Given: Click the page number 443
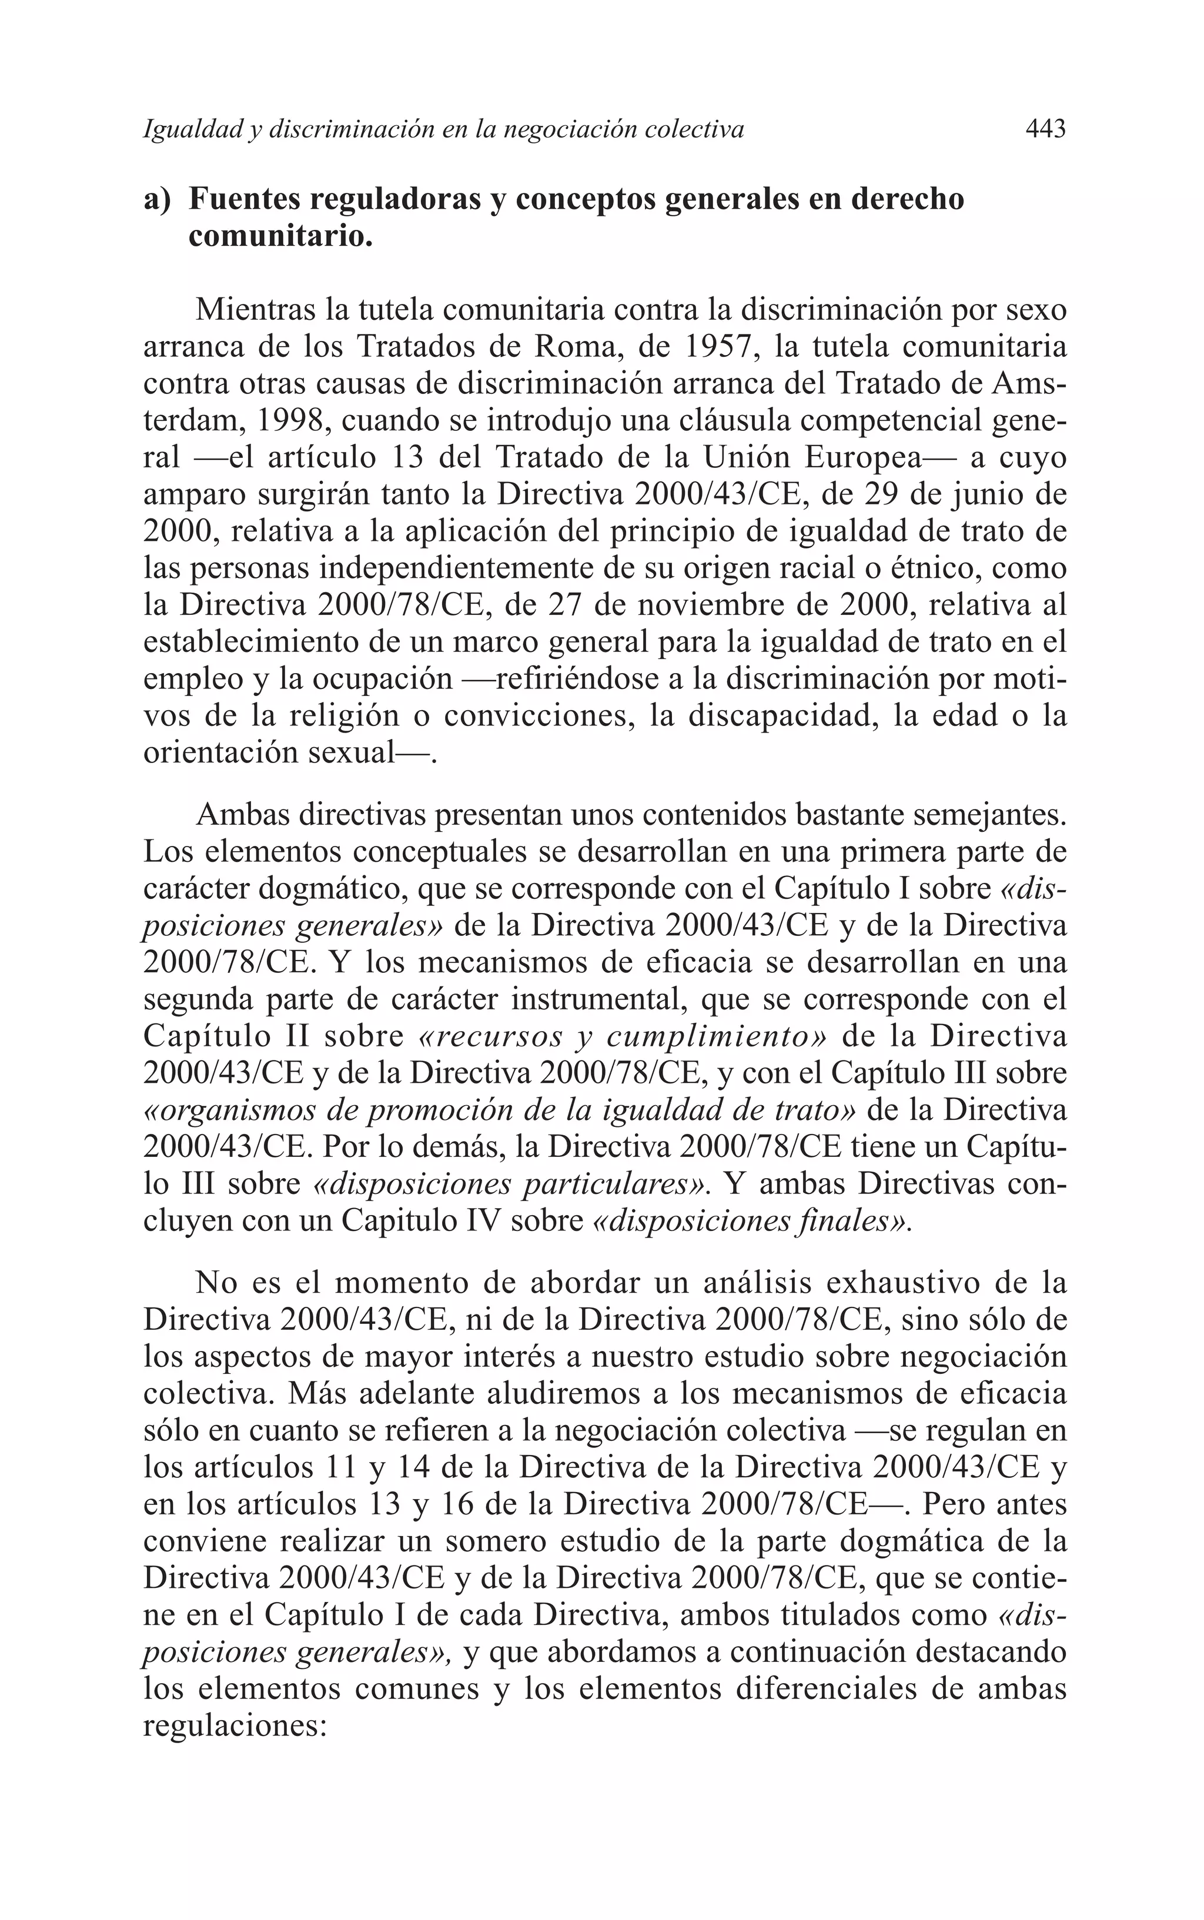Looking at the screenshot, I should [x=1045, y=129].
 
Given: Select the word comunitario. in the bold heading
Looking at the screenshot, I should [x=280, y=236].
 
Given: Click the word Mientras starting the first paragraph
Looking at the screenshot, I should [x=258, y=310].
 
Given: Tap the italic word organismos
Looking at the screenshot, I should [x=228, y=1110].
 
